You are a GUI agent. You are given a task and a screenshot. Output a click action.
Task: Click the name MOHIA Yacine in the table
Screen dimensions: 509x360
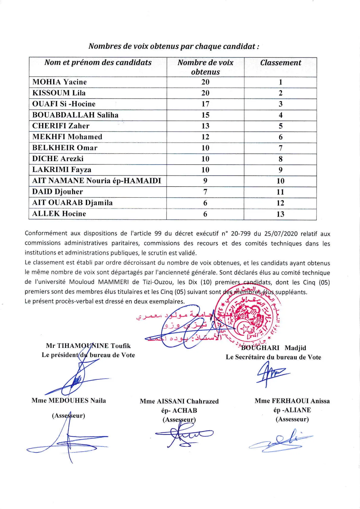point(60,82)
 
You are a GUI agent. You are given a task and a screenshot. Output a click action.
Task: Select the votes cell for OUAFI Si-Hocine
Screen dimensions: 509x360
point(205,104)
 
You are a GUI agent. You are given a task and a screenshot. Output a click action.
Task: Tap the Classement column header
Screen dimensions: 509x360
point(281,63)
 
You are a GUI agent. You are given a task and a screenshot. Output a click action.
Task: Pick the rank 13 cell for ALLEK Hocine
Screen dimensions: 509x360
point(280,214)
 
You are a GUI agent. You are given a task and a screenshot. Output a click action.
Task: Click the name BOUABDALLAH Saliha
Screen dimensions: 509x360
point(75,115)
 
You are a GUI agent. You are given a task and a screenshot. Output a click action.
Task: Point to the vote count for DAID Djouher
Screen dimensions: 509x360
point(205,192)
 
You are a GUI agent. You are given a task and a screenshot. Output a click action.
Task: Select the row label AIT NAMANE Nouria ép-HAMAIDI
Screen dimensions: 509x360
point(96,181)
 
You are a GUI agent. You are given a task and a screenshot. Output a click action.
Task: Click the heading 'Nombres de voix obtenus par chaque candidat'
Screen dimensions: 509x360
point(174,46)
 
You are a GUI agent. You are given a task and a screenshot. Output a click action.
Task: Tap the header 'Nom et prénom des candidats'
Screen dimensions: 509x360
point(98,63)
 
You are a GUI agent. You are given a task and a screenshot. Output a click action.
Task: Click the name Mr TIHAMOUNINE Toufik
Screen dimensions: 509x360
point(88,346)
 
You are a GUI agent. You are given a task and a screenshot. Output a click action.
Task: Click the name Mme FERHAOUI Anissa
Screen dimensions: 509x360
point(292,401)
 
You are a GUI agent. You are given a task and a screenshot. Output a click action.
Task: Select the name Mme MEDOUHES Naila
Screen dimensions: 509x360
point(69,400)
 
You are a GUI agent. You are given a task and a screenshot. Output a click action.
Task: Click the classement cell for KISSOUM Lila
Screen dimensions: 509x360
point(280,93)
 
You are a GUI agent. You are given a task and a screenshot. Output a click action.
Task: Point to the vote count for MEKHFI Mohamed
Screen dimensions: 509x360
point(205,137)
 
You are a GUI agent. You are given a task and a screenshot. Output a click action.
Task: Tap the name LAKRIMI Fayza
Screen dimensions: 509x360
point(62,170)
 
